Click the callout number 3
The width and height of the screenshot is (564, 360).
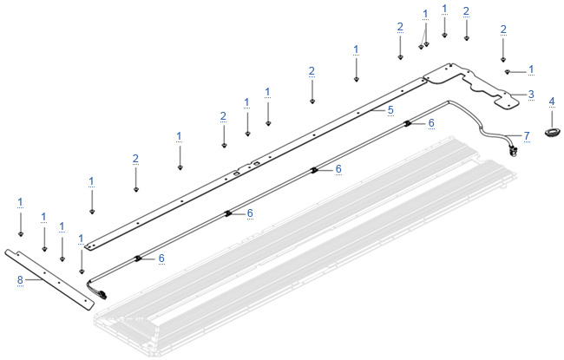tap(531, 95)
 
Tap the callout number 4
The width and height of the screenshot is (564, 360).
tap(552, 102)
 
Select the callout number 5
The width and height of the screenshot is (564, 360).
tap(390, 110)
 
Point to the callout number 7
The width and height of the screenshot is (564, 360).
tap(527, 136)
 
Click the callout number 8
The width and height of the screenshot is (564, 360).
tap(20, 279)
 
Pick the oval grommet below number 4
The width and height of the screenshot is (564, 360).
tap(552, 132)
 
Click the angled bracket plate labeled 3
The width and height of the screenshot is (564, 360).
tap(471, 83)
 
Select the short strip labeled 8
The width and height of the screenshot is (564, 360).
tap(49, 278)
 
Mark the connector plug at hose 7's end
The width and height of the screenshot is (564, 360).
tap(514, 151)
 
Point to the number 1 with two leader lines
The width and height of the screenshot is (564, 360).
tap(425, 15)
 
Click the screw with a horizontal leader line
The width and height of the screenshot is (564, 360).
tap(508, 72)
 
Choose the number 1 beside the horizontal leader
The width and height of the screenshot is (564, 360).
tap(531, 69)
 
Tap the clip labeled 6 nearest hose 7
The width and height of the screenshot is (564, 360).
tap(408, 124)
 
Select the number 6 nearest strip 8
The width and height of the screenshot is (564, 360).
tap(161, 259)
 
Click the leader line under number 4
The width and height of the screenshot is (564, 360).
tap(552, 119)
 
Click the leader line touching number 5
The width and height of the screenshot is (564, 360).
tap(379, 110)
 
